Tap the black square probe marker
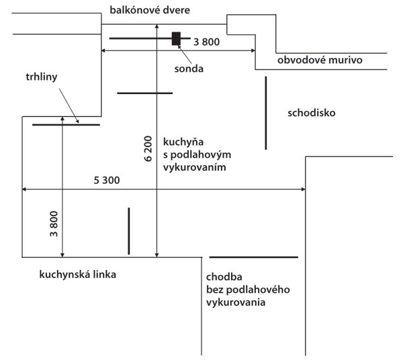click(x=176, y=38)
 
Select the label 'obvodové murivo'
click(x=320, y=60)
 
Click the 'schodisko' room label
click(x=311, y=112)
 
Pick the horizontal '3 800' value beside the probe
click(x=206, y=42)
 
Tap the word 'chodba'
click(x=224, y=277)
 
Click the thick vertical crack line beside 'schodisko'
click(x=267, y=113)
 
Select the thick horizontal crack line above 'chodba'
click(x=253, y=257)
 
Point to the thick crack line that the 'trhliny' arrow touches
click(x=66, y=125)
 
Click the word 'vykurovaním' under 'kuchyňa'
click(x=193, y=167)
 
